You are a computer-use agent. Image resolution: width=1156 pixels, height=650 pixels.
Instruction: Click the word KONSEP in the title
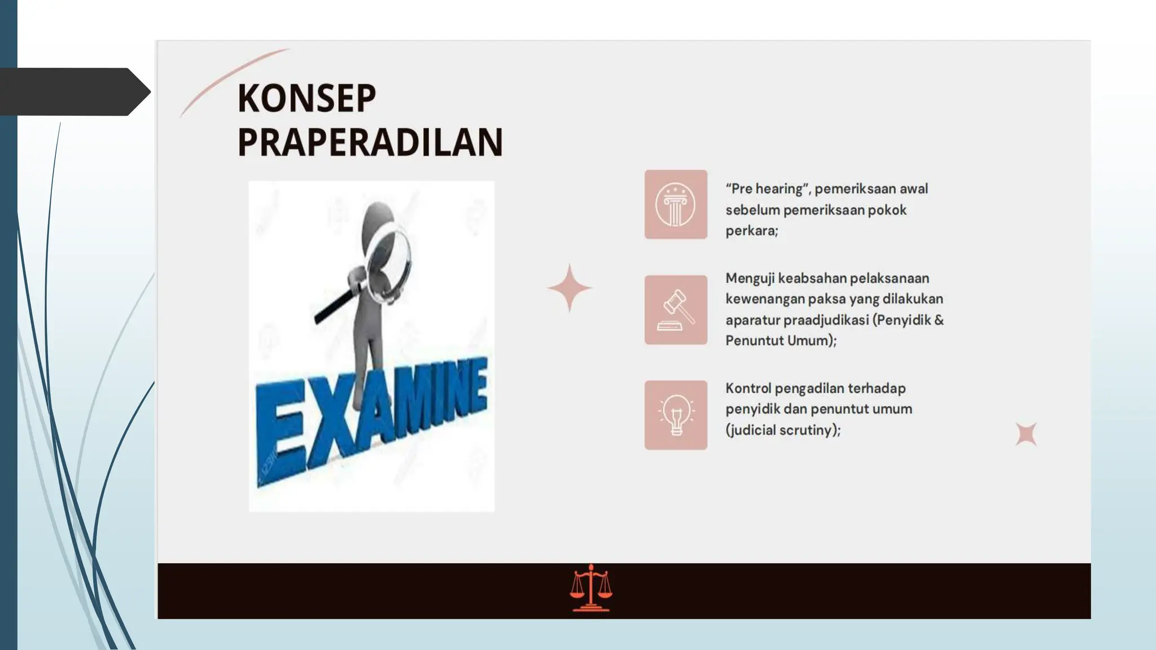(306, 98)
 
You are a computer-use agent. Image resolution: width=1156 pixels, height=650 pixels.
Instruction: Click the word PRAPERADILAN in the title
(370, 142)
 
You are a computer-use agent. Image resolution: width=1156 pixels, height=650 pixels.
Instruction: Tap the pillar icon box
(676, 204)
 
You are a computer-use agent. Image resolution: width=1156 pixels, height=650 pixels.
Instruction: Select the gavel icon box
(676, 310)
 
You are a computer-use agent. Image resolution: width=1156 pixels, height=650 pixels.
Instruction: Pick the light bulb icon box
(676, 415)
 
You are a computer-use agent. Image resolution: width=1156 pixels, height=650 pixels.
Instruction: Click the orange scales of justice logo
(590, 588)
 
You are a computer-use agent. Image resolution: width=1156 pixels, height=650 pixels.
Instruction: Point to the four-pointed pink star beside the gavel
(570, 288)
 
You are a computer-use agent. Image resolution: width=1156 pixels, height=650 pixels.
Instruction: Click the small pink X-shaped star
(1026, 434)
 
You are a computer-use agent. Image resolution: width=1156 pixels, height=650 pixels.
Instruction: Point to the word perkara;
(752, 231)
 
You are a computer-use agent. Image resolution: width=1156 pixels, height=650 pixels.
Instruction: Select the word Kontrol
(748, 388)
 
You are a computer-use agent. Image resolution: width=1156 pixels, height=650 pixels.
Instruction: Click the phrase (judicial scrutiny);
(783, 430)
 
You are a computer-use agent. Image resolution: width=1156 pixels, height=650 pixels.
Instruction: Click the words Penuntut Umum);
(781, 341)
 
